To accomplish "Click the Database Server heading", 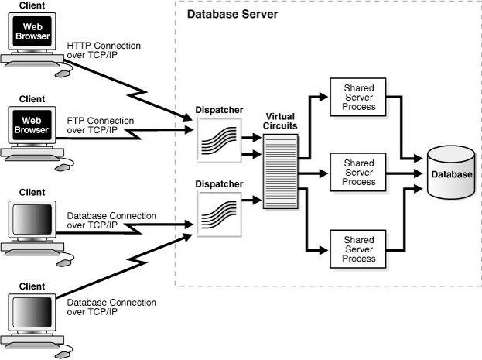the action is tap(232, 14).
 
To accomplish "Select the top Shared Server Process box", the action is tap(357, 98).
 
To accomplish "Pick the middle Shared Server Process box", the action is tap(357, 173).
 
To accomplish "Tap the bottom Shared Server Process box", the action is tap(357, 249).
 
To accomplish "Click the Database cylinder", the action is tap(451, 173).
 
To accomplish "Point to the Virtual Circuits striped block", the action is tap(280, 171).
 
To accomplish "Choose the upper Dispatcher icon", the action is tap(219, 140).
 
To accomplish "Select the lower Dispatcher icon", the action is tap(219, 214).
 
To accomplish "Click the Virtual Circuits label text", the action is tap(280, 121).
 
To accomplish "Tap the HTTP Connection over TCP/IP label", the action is tap(104, 50).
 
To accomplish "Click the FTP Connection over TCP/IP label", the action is tap(101, 125).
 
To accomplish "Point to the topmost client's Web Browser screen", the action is tap(32, 32).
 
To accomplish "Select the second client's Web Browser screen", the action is tap(32, 125).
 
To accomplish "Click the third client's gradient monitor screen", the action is tap(32, 219).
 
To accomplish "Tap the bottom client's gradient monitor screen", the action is tap(32, 313).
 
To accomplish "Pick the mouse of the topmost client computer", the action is tap(63, 74).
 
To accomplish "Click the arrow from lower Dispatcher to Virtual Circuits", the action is tap(251, 201).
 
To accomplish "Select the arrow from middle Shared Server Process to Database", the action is tap(404, 173).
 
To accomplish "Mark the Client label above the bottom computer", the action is tap(32, 286).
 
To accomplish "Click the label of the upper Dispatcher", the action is tap(219, 110).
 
